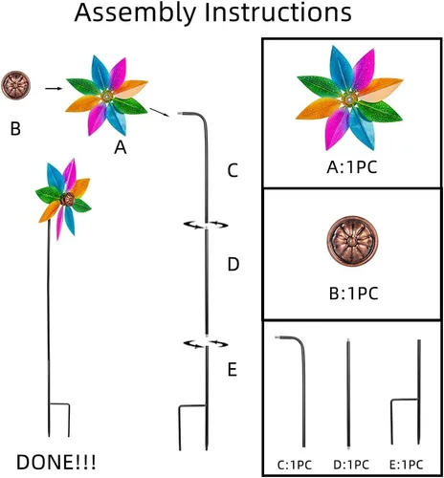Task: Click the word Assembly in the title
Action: [135, 12]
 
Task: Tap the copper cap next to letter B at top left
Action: [16, 85]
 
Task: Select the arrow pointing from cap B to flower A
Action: [54, 88]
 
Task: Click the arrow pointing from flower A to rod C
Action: [159, 112]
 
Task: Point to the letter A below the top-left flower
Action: [121, 147]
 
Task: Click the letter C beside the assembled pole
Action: [233, 170]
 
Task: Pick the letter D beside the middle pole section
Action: [233, 265]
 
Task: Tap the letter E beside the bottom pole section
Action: [233, 370]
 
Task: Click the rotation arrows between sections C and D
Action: [206, 225]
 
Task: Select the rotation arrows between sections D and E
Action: [206, 344]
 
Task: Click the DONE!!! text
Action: [55, 462]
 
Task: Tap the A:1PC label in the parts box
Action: [352, 167]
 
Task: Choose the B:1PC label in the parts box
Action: [353, 293]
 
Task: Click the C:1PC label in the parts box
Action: [294, 465]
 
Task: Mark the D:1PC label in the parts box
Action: [351, 465]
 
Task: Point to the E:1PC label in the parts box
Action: [407, 465]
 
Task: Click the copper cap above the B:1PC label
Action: [352, 241]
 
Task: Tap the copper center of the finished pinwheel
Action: [67, 200]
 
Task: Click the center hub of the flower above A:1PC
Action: [349, 99]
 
